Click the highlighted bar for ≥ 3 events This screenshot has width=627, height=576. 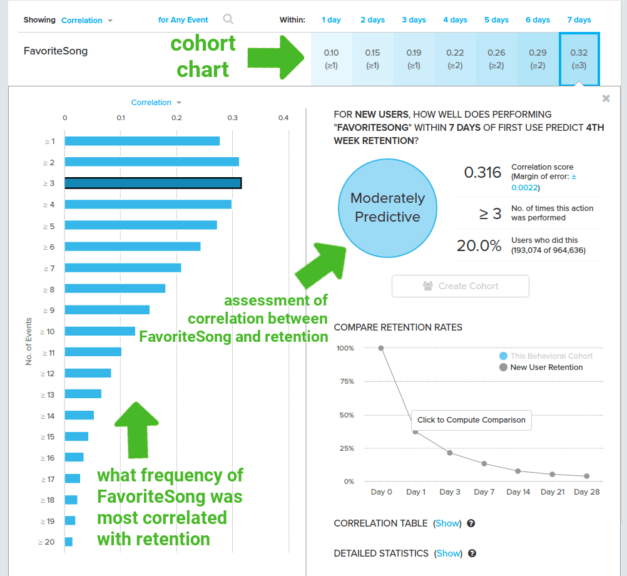tap(153, 183)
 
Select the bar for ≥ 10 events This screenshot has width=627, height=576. tap(100, 331)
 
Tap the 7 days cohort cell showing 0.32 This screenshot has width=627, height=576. tap(579, 59)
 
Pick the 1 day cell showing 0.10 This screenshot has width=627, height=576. tap(331, 59)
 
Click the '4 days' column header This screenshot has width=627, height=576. tap(455, 20)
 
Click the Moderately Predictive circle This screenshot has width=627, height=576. tap(387, 208)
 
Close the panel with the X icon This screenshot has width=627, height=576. tap(606, 98)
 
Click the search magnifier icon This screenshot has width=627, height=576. tap(228, 19)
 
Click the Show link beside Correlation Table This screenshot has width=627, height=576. tap(447, 523)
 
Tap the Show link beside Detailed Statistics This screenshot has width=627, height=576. tap(448, 553)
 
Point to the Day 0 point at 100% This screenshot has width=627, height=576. tap(381, 348)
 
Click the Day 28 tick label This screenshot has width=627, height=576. tap(586, 492)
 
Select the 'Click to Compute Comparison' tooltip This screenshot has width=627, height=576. tap(471, 420)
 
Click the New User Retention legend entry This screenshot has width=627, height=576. tap(546, 368)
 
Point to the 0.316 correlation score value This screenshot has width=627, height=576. tap(482, 173)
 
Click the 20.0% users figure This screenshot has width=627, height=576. tap(479, 246)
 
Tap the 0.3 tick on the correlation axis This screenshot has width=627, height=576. tap(233, 118)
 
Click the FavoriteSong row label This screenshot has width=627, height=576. tap(56, 51)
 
